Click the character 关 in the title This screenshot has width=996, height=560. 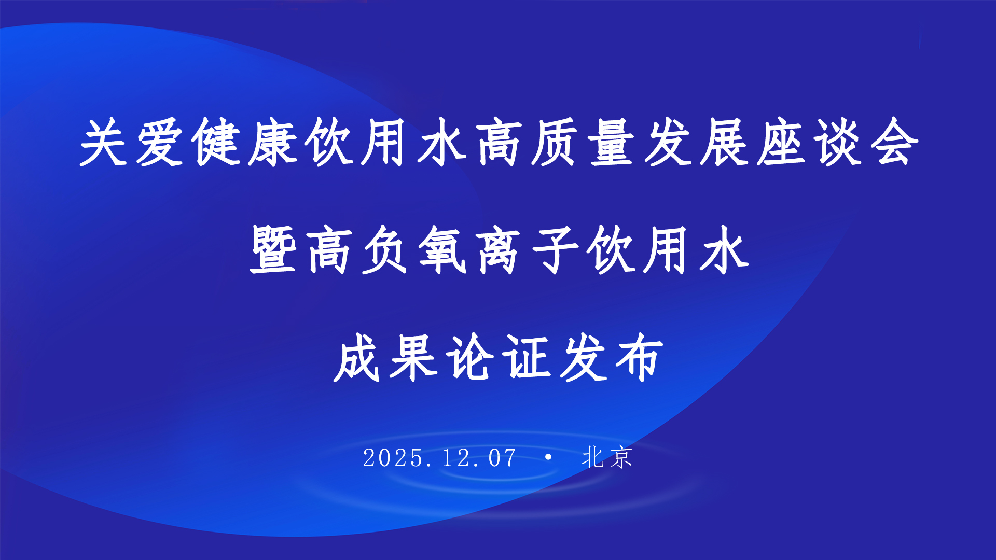point(104,143)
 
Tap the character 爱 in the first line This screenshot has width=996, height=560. point(160,143)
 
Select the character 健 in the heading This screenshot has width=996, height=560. point(216,143)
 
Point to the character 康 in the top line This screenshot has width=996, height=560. point(273,143)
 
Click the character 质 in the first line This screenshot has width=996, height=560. point(555,143)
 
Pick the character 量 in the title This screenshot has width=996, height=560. point(612,143)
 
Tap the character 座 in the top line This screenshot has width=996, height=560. point(781,143)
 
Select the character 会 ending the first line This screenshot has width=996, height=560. point(893,143)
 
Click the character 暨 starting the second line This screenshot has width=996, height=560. point(273,250)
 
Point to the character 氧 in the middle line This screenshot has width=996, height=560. point(442,250)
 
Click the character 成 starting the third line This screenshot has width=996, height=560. point(357,358)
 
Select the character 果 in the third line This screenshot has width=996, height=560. point(414,358)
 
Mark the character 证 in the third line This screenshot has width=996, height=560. point(527,358)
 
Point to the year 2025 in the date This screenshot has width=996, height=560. point(393,458)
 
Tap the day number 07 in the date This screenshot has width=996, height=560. point(502,458)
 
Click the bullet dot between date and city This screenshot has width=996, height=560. point(548,457)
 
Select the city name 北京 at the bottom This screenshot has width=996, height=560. point(607,457)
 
